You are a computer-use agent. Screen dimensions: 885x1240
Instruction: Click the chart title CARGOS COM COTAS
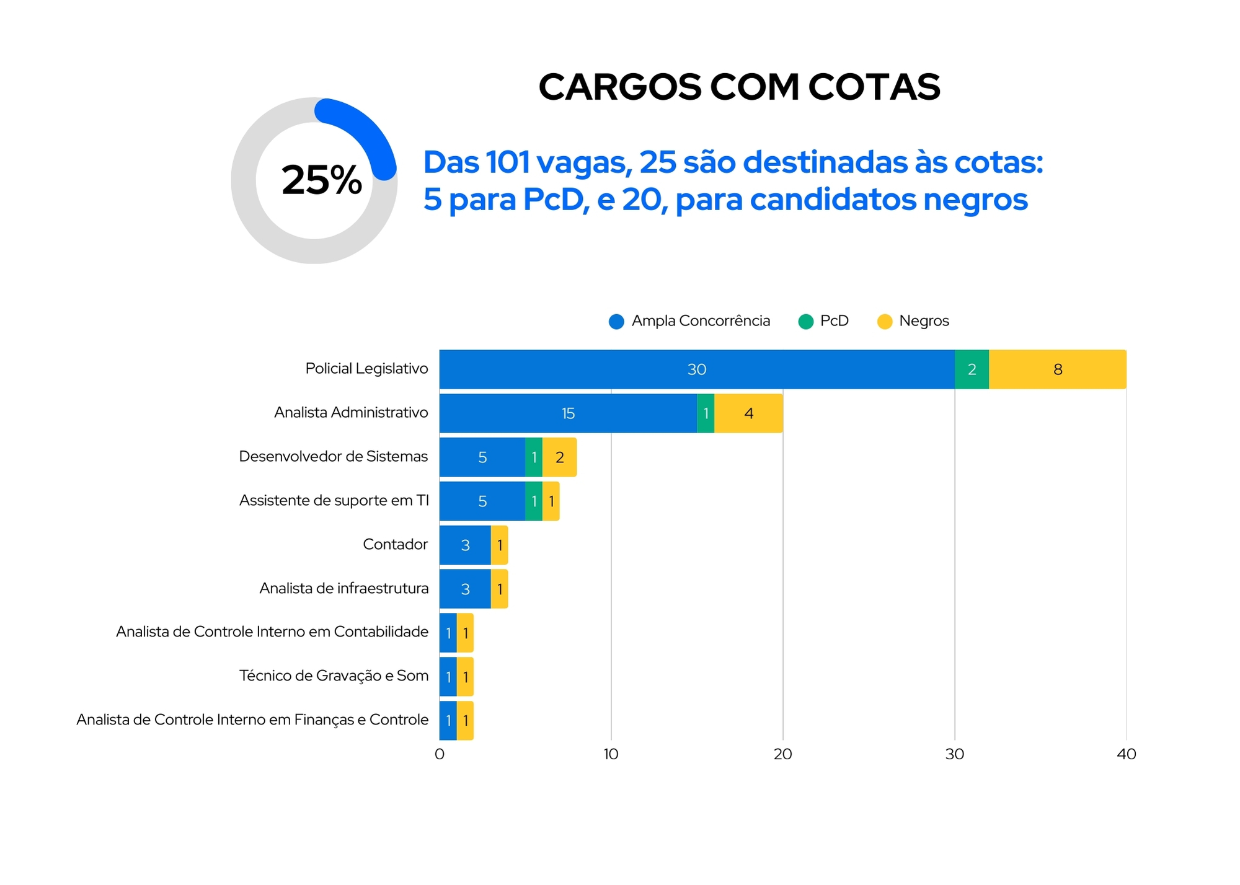(739, 87)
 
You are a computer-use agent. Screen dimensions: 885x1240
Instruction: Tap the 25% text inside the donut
(321, 180)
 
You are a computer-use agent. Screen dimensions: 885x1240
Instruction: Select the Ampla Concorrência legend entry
(689, 321)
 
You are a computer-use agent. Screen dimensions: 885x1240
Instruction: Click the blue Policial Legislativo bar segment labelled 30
(697, 369)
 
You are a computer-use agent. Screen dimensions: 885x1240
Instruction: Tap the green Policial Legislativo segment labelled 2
(972, 369)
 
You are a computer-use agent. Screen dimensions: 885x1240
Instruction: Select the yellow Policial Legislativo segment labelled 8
(1058, 369)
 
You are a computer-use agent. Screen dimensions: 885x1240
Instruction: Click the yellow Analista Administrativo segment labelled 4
(748, 413)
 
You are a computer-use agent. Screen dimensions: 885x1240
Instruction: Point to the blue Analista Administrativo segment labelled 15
(568, 413)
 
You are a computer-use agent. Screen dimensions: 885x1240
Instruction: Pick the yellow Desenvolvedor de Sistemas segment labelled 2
(559, 457)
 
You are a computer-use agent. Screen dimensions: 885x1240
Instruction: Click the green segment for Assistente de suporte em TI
(534, 501)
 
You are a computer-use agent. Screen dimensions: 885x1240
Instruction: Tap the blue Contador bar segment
(465, 545)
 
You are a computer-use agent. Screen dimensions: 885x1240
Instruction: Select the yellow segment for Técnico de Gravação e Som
(465, 677)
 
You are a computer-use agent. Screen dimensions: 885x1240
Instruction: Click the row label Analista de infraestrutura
(343, 588)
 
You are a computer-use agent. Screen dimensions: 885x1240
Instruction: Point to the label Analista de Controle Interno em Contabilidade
(272, 632)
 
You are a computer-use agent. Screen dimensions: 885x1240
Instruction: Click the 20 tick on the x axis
(782, 754)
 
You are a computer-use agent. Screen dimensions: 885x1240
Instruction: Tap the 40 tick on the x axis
(1126, 754)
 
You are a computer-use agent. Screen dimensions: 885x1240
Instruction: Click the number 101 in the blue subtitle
(508, 162)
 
